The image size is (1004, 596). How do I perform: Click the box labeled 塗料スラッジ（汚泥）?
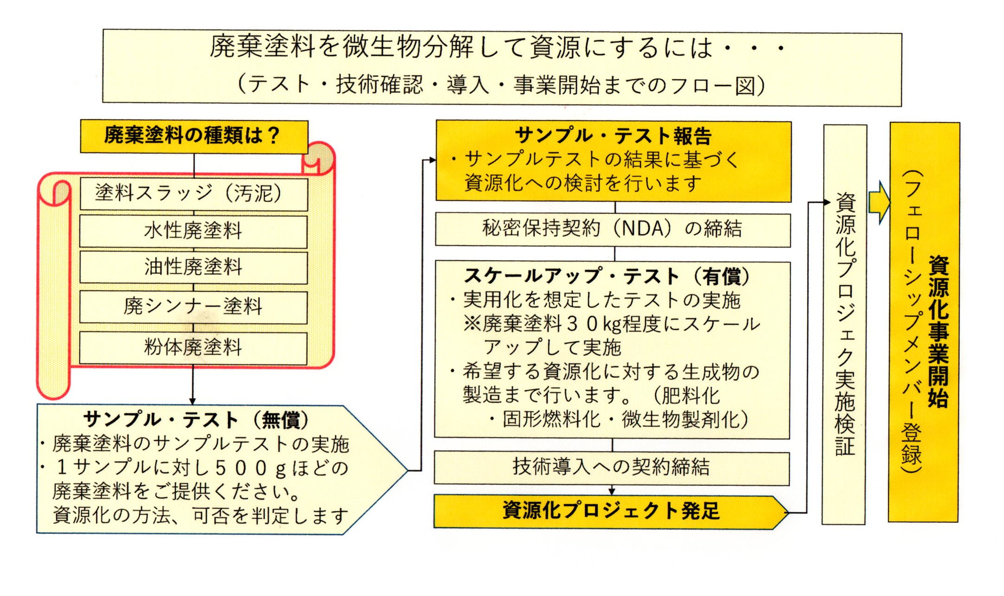(x=193, y=194)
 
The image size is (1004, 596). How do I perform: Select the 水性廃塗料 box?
(x=193, y=231)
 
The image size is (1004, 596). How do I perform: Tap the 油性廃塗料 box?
(x=193, y=268)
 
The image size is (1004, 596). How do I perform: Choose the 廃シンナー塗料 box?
(x=193, y=307)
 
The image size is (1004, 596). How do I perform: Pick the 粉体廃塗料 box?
(x=193, y=348)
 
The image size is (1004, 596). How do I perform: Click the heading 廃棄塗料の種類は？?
(x=192, y=135)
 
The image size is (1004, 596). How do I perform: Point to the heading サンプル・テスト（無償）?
(x=196, y=420)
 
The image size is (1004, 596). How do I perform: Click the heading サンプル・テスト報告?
(x=613, y=136)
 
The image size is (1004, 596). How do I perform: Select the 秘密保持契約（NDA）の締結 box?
(x=613, y=230)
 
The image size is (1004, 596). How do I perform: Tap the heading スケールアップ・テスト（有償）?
(x=607, y=276)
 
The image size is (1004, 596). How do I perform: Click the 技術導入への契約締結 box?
(x=612, y=468)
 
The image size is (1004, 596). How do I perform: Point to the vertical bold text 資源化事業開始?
(x=938, y=331)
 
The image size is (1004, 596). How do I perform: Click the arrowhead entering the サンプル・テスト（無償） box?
(x=192, y=401)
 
